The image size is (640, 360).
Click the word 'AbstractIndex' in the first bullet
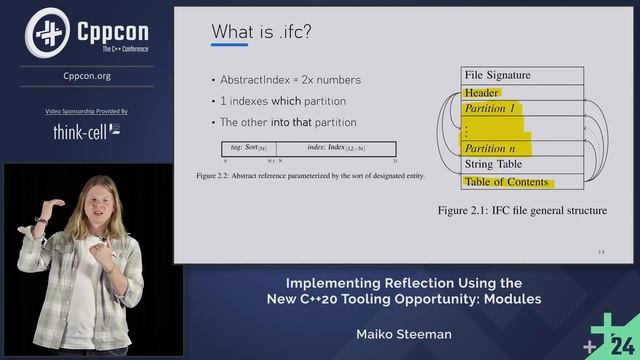(254, 80)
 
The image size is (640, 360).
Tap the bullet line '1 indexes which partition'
(284, 101)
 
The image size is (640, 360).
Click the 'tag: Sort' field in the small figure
(247, 149)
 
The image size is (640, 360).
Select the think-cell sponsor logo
(86, 131)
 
